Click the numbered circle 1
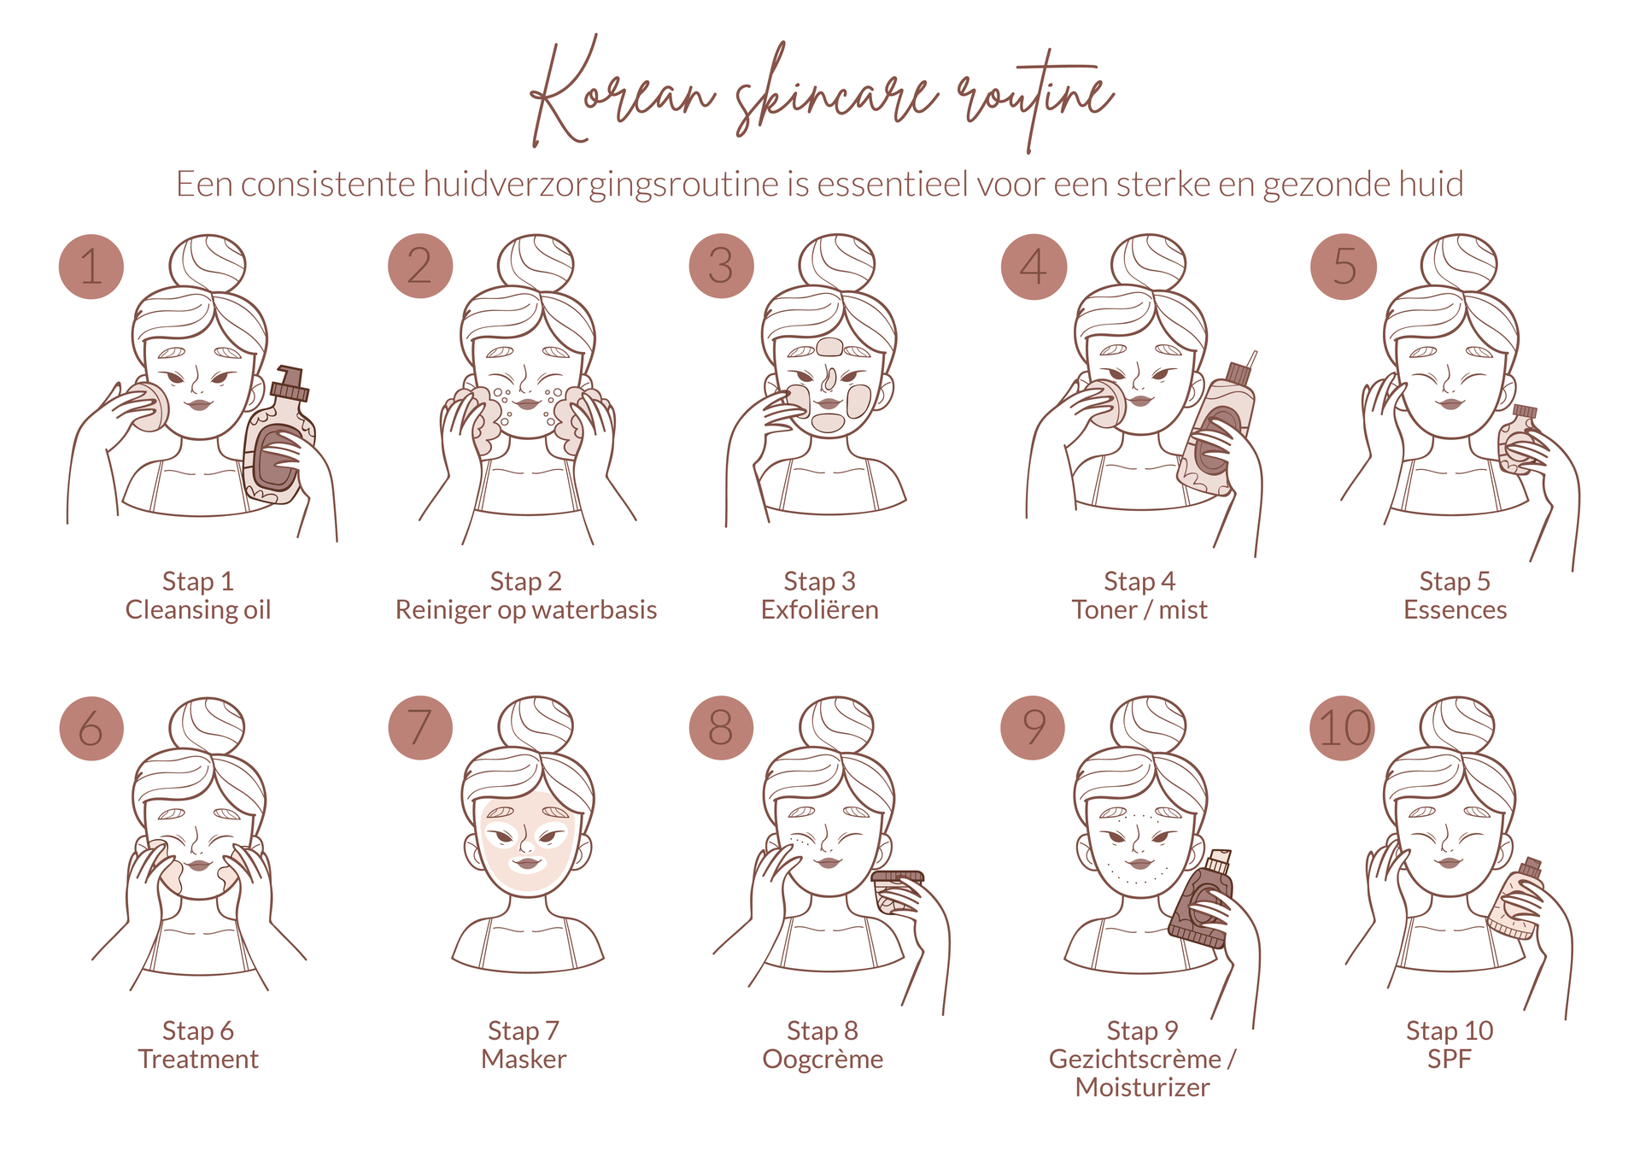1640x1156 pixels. (x=91, y=267)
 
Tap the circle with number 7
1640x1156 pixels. (x=419, y=728)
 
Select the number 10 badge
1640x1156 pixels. (x=1343, y=728)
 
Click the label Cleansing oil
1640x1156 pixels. (x=198, y=610)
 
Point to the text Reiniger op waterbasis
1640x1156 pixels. (x=526, y=610)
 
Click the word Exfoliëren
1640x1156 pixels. (x=819, y=610)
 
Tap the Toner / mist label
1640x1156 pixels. (x=1139, y=610)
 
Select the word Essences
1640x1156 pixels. (x=1455, y=610)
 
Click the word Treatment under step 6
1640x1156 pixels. (x=198, y=1059)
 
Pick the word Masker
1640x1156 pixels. (x=524, y=1059)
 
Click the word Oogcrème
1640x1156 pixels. (x=823, y=1059)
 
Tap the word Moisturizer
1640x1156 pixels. (x=1142, y=1088)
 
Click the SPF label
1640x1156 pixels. (x=1449, y=1059)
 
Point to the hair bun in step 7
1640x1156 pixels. (x=536, y=725)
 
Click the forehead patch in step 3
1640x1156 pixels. (x=829, y=347)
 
